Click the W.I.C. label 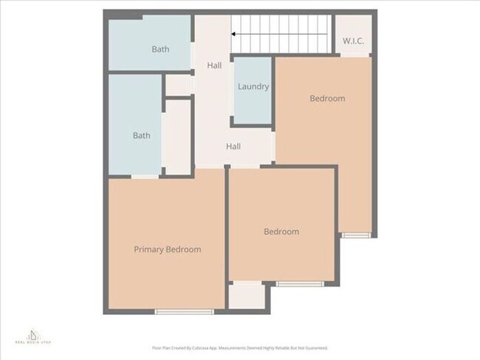[354, 41]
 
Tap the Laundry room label [253, 86]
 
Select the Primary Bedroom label [167, 249]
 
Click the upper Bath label [160, 49]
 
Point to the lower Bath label [141, 136]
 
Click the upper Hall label [214, 66]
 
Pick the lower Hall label [233, 146]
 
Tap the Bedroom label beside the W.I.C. [327, 98]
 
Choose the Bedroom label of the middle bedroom [281, 232]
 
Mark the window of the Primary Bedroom [184, 311]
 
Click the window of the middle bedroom [299, 283]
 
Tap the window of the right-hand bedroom [355, 235]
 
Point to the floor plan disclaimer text [240, 347]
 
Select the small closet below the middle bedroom [247, 296]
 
